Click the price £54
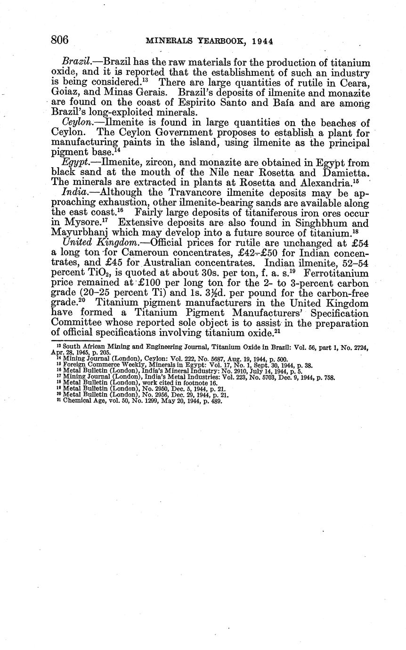click(x=359, y=243)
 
